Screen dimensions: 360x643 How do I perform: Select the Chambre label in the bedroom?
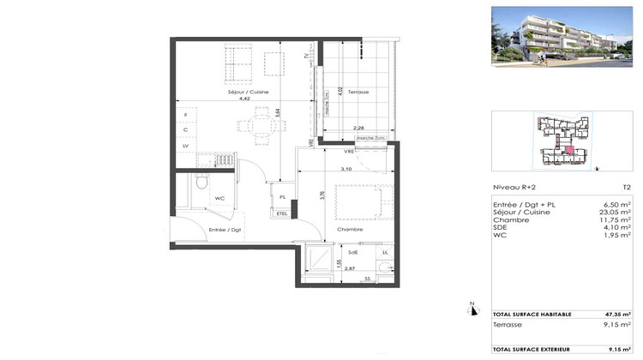[x=349, y=229]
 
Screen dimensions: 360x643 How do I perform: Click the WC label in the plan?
[x=219, y=198]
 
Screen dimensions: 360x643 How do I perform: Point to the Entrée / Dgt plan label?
[x=225, y=230]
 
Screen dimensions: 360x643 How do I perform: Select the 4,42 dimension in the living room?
[x=244, y=99]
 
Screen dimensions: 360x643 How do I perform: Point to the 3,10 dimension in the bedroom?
[x=346, y=169]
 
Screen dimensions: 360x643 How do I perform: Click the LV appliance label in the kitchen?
[x=185, y=147]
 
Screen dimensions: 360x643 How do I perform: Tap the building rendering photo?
[x=562, y=36]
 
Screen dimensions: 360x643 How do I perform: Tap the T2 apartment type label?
[x=626, y=188]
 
